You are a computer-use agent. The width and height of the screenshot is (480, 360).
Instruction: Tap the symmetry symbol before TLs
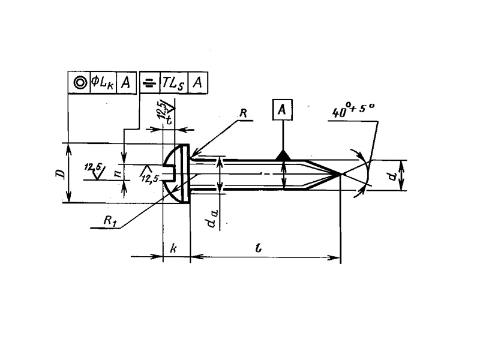(x=148, y=83)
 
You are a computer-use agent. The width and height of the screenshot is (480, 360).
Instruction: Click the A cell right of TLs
(x=197, y=83)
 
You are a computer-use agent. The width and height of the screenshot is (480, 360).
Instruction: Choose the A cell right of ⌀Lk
(x=125, y=83)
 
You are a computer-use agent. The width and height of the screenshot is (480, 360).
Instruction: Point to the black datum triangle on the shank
(x=283, y=155)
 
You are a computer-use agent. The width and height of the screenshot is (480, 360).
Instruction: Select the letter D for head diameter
(x=59, y=173)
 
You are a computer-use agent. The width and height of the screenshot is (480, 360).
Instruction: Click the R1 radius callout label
(x=110, y=221)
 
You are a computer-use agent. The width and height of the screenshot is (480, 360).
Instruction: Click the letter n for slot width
(x=118, y=173)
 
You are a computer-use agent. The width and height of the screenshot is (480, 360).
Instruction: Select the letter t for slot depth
(x=169, y=119)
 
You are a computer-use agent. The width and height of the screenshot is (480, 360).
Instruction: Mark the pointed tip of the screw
(x=340, y=174)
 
